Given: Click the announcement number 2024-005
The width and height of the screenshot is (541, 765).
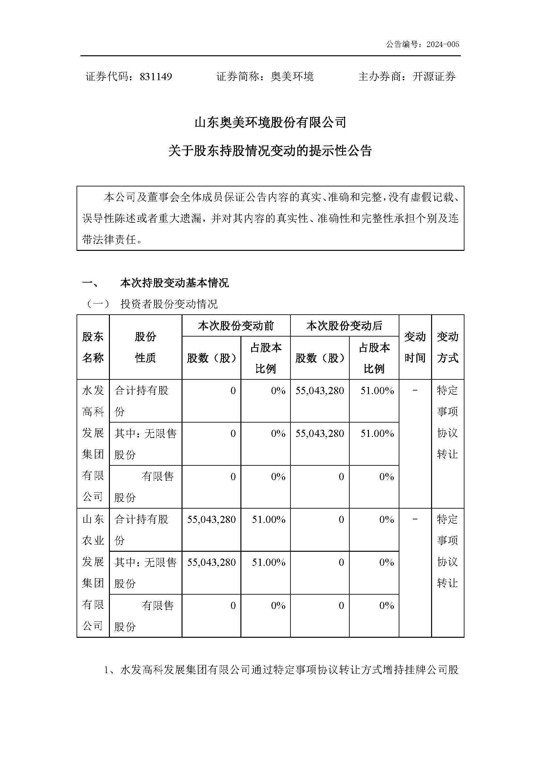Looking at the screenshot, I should [x=443, y=44].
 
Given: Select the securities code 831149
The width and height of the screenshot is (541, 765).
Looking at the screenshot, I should [x=156, y=77].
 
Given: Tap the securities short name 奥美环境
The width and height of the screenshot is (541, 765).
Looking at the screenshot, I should [x=292, y=77].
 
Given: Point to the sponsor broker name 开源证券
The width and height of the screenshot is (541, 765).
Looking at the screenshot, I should [x=434, y=77].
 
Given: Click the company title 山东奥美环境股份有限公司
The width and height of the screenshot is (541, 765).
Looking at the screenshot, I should [x=270, y=123].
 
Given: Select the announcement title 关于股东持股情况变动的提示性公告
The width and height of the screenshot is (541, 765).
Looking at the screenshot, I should [x=270, y=151].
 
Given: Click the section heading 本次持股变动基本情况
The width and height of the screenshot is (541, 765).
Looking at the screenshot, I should [x=174, y=283].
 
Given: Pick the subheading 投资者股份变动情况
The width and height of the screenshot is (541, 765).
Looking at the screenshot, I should [x=169, y=304].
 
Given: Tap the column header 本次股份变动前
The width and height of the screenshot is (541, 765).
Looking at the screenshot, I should [x=236, y=325].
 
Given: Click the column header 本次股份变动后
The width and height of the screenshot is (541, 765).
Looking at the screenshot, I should [x=344, y=325].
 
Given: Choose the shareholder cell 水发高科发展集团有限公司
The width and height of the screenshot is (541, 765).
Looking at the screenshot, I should [x=93, y=443].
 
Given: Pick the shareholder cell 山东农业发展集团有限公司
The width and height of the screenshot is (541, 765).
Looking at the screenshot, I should [x=93, y=572].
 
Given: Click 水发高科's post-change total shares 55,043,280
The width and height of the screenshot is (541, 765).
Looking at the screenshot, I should [x=320, y=391].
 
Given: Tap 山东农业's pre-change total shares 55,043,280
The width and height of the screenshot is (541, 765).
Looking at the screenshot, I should [x=211, y=519].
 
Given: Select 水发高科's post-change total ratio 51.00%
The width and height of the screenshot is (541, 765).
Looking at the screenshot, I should [x=377, y=391].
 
